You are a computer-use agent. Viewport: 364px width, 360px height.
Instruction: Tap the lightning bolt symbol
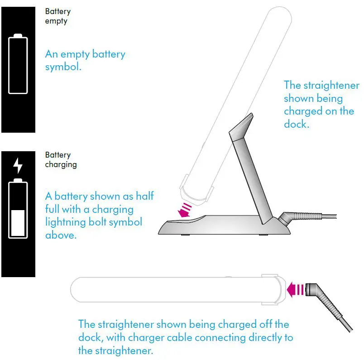18,165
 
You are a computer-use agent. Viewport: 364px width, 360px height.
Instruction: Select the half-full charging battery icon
18,208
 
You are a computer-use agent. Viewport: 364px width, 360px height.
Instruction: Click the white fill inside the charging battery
18,222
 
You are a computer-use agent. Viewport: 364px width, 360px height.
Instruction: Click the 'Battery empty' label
57,16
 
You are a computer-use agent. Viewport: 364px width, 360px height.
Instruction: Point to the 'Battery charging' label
61,160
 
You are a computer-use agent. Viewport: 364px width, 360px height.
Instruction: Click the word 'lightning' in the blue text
66,222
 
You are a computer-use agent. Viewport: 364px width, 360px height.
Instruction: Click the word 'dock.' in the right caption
297,124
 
